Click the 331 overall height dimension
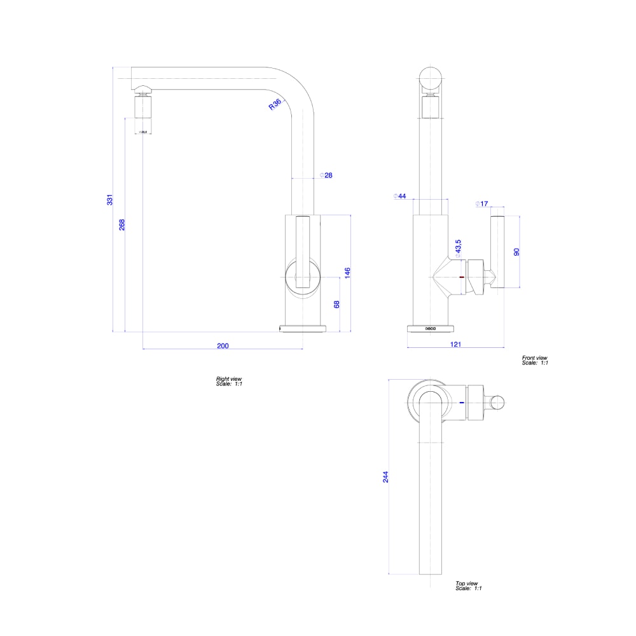tap(110, 199)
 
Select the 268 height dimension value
tap(122, 225)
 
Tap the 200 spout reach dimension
tap(223, 346)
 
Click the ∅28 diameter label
tap(326, 175)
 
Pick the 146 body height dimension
tap(347, 273)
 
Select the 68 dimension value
tap(336, 305)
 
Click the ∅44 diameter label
tap(400, 196)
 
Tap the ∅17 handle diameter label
tap(481, 204)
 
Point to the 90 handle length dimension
tap(516, 252)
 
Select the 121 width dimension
tap(455, 344)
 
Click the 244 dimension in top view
tap(385, 477)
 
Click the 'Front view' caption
tap(534, 358)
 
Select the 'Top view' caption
tap(466, 583)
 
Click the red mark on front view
tap(461, 277)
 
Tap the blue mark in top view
tap(461, 402)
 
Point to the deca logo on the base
tap(431, 328)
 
